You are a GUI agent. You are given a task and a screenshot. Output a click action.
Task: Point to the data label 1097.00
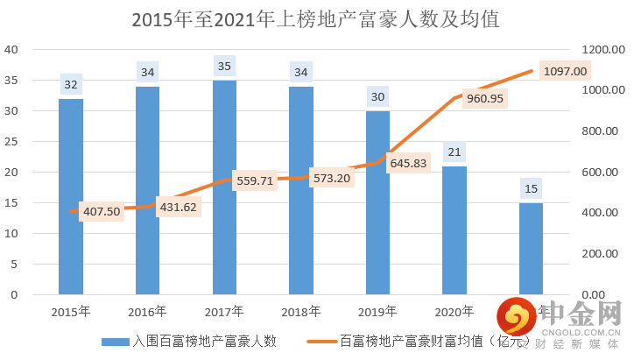[x=565, y=71]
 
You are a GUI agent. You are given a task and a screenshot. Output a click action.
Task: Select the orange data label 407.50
[x=101, y=212]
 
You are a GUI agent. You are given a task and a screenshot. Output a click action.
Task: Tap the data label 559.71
[x=255, y=180]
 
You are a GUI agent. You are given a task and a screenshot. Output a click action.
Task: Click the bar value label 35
[x=224, y=66]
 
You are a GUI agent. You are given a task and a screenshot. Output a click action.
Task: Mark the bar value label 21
[x=454, y=152]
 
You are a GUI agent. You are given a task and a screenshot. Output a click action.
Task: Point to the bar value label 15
[x=531, y=188]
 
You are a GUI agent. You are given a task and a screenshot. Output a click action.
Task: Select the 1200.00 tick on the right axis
[x=601, y=50]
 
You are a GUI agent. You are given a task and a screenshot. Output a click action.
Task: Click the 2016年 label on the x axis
[x=147, y=311]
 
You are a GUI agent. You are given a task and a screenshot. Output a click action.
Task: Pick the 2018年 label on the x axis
[x=300, y=311]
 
